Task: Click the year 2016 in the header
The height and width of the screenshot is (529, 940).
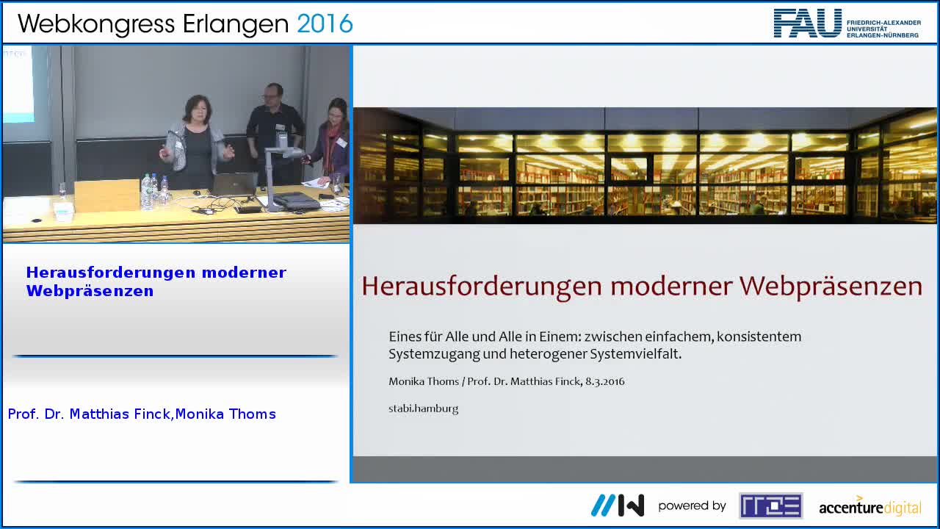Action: coord(325,24)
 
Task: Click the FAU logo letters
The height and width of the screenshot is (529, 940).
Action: coord(807,23)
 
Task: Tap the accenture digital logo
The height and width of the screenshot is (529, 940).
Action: coord(869,506)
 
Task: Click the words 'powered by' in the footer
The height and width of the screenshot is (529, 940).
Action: coord(692,505)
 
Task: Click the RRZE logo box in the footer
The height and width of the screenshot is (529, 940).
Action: coord(770,505)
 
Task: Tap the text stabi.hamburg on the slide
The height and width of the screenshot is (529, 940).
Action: coord(423,409)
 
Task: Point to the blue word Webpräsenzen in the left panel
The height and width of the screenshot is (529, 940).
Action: coord(90,291)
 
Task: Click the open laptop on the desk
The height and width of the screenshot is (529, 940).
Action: coord(234,184)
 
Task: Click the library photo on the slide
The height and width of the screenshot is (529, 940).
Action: coord(645,165)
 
